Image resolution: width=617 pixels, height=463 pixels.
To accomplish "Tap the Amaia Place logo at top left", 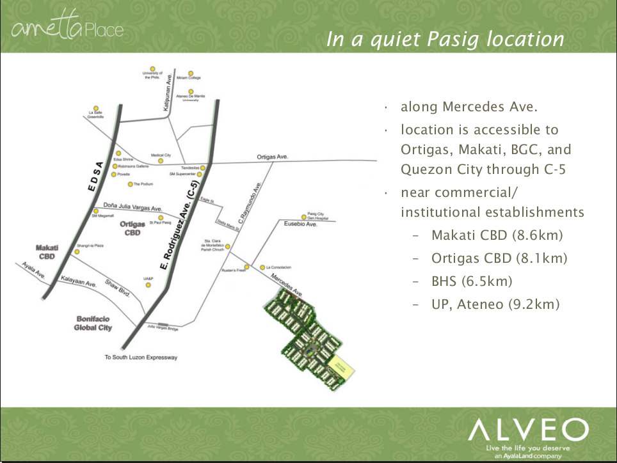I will click(x=68, y=29).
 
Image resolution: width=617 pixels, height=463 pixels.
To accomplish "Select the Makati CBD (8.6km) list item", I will click(x=497, y=235).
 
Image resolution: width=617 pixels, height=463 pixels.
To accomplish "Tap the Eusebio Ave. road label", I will click(x=301, y=225).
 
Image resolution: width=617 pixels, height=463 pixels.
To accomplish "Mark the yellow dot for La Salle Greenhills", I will click(x=95, y=108).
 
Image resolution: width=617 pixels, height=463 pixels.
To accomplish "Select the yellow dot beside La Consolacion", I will click(x=262, y=267).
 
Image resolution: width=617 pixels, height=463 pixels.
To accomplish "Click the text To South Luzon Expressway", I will click(x=141, y=357).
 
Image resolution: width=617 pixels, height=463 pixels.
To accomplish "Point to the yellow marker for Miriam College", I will click(x=189, y=74).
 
